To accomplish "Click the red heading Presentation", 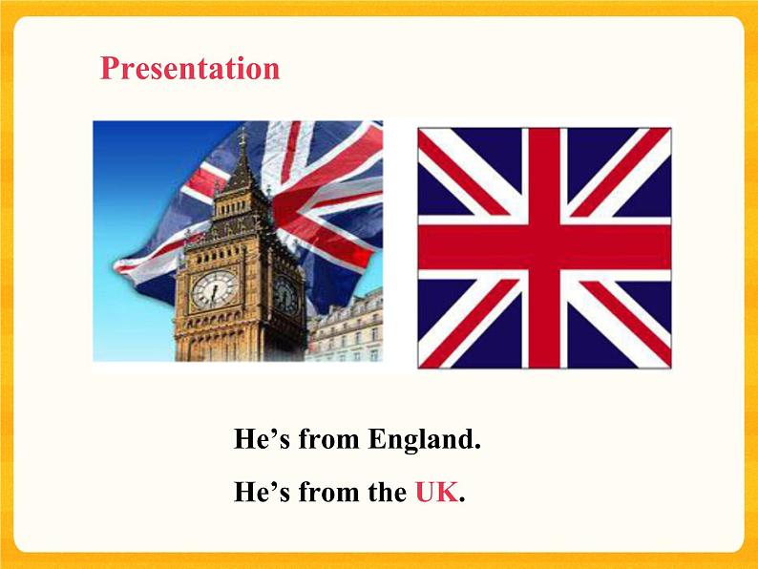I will tap(190, 69).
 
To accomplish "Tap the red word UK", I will tap(436, 493).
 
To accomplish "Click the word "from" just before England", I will tap(329, 440).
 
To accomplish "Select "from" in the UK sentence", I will tap(329, 493).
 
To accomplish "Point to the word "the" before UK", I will tap(387, 493).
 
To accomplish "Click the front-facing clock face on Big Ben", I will tap(213, 289).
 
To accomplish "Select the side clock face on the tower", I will tap(285, 295).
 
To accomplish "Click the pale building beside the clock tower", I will tap(346, 329).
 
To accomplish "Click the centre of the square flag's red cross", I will tap(545, 247).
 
